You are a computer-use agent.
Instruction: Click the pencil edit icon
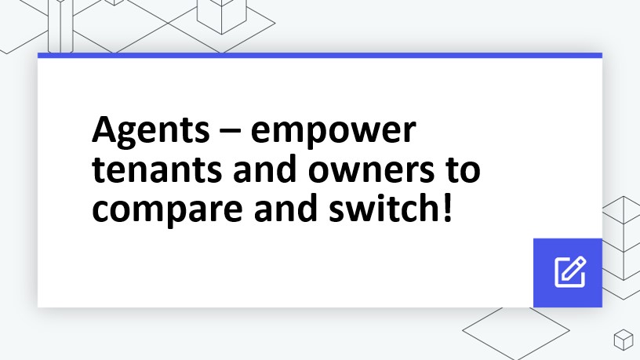[569, 271]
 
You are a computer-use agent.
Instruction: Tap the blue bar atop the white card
[320, 55]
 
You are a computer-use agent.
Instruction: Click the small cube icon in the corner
[623, 340]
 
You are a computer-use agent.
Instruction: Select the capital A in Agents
[104, 129]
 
